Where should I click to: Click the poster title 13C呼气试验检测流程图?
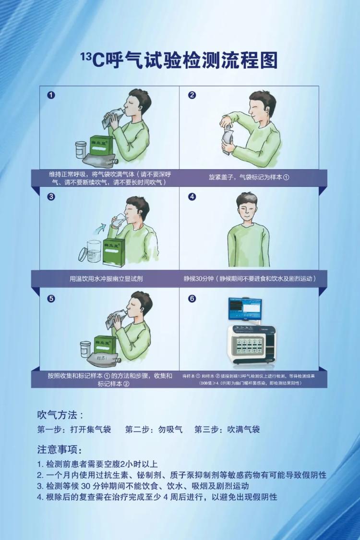pos(180,61)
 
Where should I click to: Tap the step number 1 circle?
pos(51,95)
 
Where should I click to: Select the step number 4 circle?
pos(192,196)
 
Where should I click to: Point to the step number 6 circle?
pos(192,298)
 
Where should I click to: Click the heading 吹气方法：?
pos(60,415)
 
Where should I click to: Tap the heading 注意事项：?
pos(60,450)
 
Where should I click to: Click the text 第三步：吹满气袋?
pos(227,430)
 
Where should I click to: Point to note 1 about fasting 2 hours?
pos(97,464)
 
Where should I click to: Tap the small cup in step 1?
pos(80,150)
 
